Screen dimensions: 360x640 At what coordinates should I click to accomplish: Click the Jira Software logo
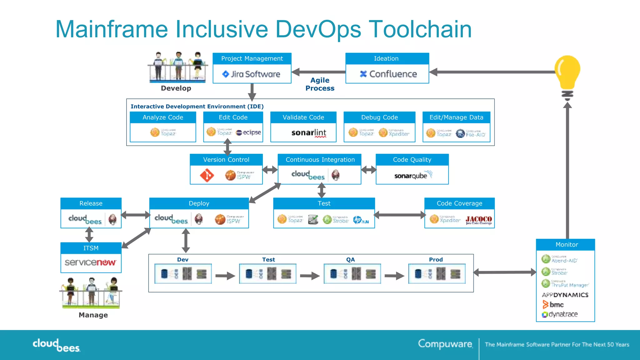click(251, 74)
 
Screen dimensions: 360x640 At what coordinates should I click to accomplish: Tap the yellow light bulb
click(567, 74)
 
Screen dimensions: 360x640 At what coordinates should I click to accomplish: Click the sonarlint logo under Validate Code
click(308, 133)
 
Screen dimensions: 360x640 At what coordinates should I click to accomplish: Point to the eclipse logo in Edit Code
click(248, 132)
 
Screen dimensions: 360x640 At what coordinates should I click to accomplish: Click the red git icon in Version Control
click(207, 175)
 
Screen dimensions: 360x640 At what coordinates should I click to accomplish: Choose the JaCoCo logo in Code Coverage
click(478, 220)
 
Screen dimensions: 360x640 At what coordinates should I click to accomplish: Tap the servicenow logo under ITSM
click(90, 262)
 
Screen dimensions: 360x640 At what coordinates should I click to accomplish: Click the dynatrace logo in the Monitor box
click(560, 314)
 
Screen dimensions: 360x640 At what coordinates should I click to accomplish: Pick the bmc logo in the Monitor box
click(553, 304)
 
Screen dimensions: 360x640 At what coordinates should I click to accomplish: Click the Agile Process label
click(320, 84)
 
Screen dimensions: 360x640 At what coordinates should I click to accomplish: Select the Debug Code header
click(379, 117)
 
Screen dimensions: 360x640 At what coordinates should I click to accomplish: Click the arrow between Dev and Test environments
click(225, 276)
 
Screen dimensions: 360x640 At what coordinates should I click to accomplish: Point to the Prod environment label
click(436, 259)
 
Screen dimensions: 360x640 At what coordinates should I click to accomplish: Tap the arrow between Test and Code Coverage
click(399, 215)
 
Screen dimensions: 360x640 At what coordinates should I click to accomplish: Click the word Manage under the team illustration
click(93, 315)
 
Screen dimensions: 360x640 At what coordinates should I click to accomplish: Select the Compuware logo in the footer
click(445, 344)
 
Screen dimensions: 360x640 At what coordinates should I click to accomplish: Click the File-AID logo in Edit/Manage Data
click(471, 134)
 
